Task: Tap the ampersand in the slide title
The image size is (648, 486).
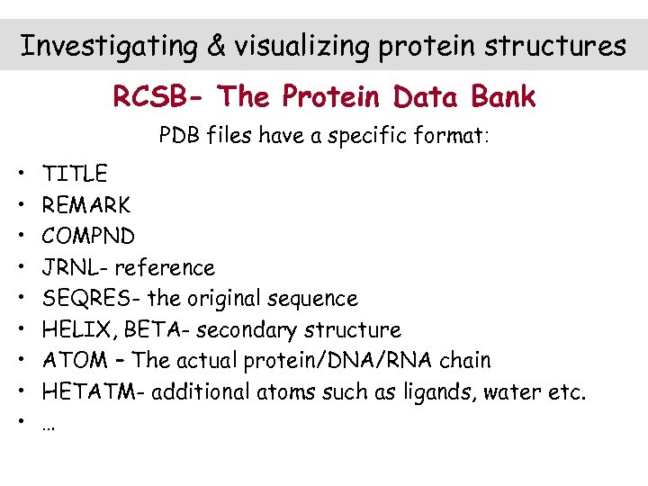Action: [217, 46]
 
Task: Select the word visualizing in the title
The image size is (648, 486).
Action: [300, 46]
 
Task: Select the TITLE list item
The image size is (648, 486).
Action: [75, 174]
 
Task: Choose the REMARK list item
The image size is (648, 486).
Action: [86, 205]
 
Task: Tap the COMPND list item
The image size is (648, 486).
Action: [88, 237]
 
